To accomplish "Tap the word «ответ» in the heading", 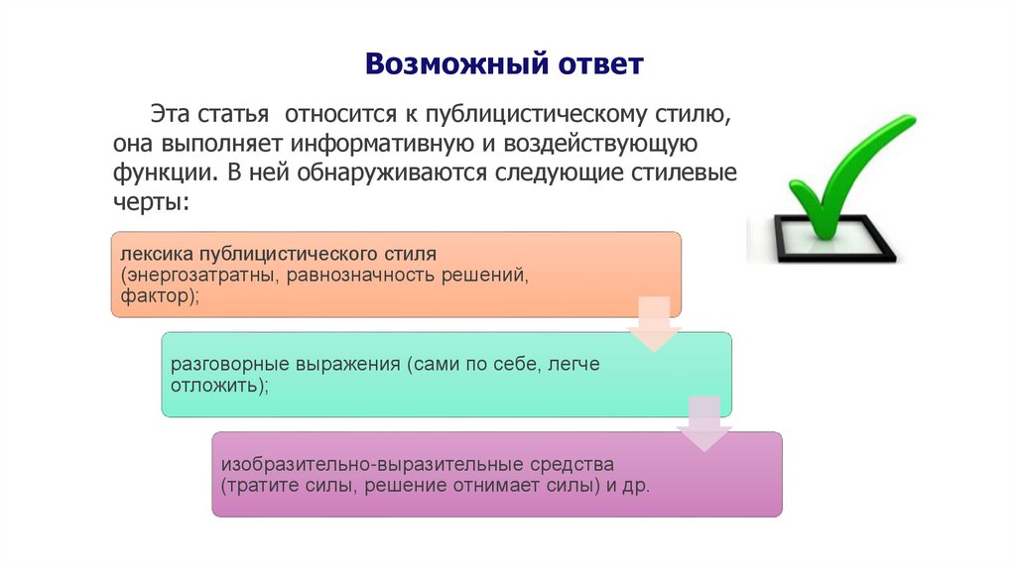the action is [x=592, y=66].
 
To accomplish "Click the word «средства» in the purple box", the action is [x=570, y=464].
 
